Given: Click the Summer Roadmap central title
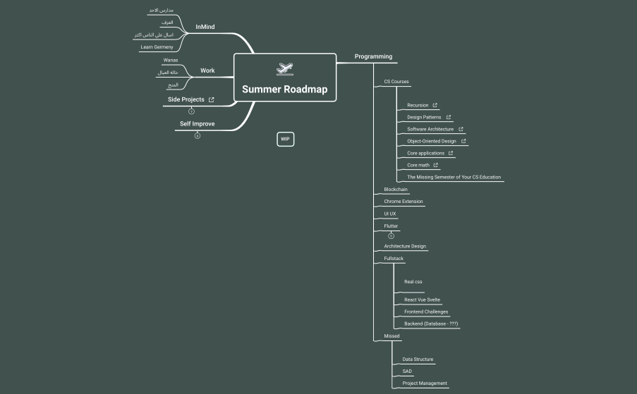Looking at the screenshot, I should [x=284, y=90].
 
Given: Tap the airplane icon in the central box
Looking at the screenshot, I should [x=285, y=69].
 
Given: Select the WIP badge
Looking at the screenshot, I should [x=285, y=139].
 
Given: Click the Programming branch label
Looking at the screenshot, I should [x=373, y=56].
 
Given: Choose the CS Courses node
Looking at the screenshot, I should [x=396, y=82].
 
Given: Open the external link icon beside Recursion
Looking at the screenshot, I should [x=435, y=105].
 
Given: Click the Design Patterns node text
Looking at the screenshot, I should [x=424, y=117].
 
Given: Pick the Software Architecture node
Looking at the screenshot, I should [x=430, y=129].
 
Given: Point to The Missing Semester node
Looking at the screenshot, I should [x=454, y=177].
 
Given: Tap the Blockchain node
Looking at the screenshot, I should [x=396, y=190].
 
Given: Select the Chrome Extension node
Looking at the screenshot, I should [x=404, y=202].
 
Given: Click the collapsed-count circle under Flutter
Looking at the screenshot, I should [x=391, y=235].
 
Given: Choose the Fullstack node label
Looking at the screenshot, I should [x=394, y=259].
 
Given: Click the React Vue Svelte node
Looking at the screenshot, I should [x=422, y=300].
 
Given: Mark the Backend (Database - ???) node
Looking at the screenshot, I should [x=431, y=324].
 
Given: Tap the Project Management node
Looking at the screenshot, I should [x=424, y=383].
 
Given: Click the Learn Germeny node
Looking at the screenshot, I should [x=157, y=47].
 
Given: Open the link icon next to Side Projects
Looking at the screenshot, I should [x=212, y=100].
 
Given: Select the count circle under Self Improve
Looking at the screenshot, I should [x=198, y=136].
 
